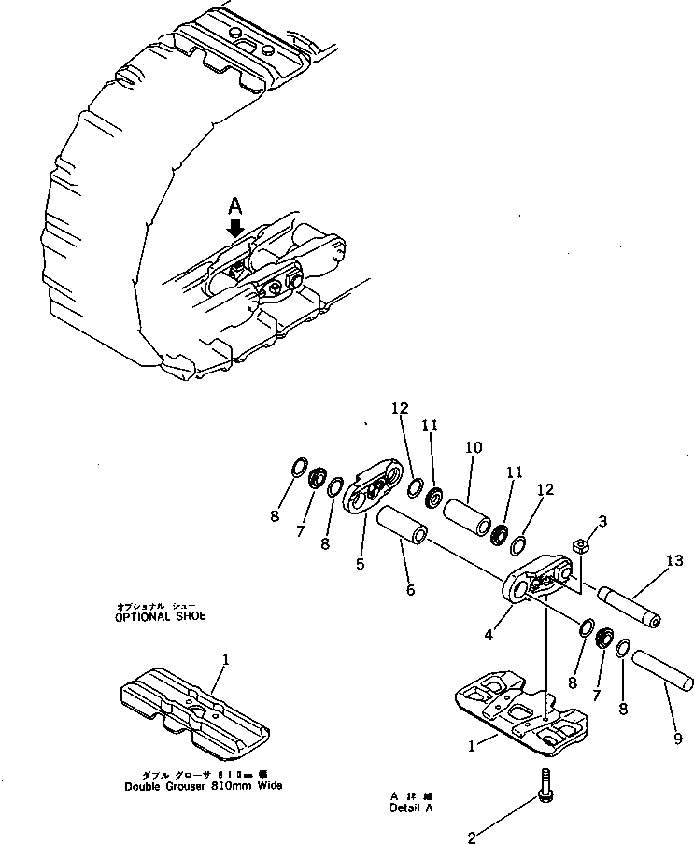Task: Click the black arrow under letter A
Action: click(235, 227)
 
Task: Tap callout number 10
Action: click(474, 447)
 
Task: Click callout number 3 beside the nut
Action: click(602, 521)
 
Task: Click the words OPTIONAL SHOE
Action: click(160, 616)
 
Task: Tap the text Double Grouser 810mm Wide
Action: click(203, 785)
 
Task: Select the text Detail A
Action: click(411, 808)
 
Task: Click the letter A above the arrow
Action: click(235, 204)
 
